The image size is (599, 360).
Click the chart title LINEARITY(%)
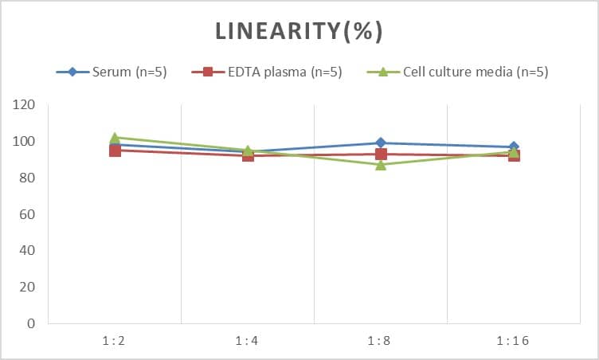(299, 30)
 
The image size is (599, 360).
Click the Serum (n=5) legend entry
(112, 72)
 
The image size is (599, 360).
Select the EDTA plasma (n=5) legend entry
(267, 72)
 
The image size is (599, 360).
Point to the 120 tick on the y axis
(25, 105)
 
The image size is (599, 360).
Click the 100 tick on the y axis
(25, 142)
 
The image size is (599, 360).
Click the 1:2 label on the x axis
(115, 341)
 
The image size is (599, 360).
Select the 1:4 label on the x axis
(248, 341)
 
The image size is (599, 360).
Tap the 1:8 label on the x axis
(381, 341)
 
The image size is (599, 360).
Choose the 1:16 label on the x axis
(514, 341)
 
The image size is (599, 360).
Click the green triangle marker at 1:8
(381, 165)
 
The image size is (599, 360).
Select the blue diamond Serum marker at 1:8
(381, 143)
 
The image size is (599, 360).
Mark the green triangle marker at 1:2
(115, 138)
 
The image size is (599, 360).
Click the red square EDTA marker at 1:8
(381, 155)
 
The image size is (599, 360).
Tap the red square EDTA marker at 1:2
(115, 151)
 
